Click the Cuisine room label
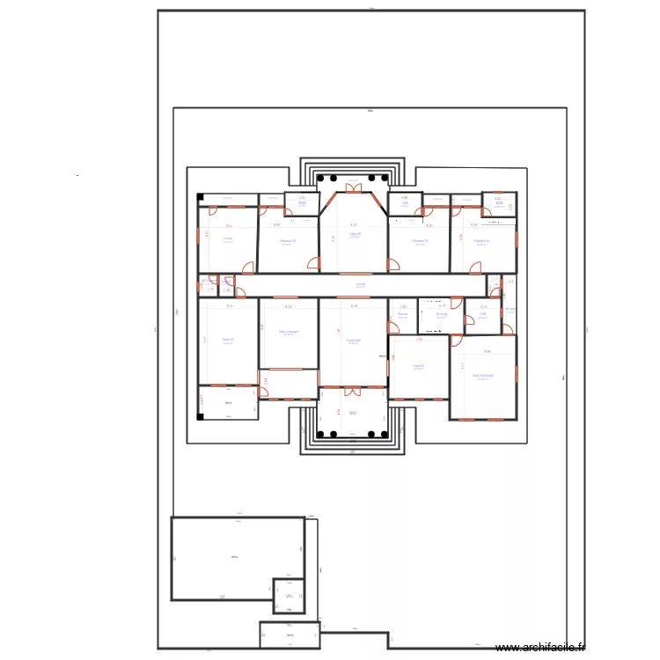[x=227, y=238]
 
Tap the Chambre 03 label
[x=287, y=240]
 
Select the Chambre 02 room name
[x=420, y=240]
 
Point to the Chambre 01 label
[x=480, y=240]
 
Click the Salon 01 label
[x=227, y=340]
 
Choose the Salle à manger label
[x=288, y=332]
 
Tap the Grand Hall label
[x=353, y=340]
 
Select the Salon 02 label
[x=418, y=365]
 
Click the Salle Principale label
[x=482, y=375]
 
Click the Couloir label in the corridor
[x=361, y=284]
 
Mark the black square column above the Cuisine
[x=201, y=196]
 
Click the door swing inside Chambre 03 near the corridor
[x=314, y=262]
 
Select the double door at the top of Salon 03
[x=353, y=187]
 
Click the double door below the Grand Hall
[x=353, y=389]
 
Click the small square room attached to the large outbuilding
[x=288, y=595]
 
